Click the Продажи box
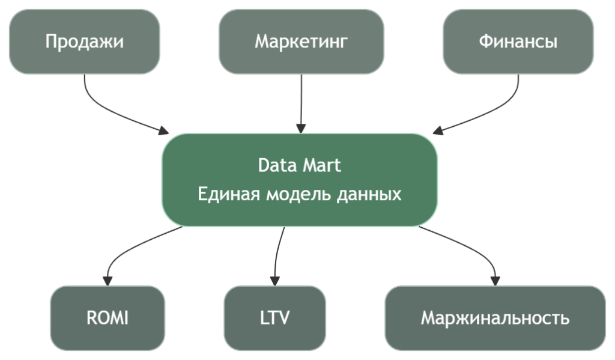point(85,41)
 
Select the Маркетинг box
point(301,41)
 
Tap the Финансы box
point(518,41)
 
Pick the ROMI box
point(108,318)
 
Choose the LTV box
point(275,318)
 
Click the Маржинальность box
point(495,318)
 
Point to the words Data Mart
point(300,165)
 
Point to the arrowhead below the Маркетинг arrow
point(301,127)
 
